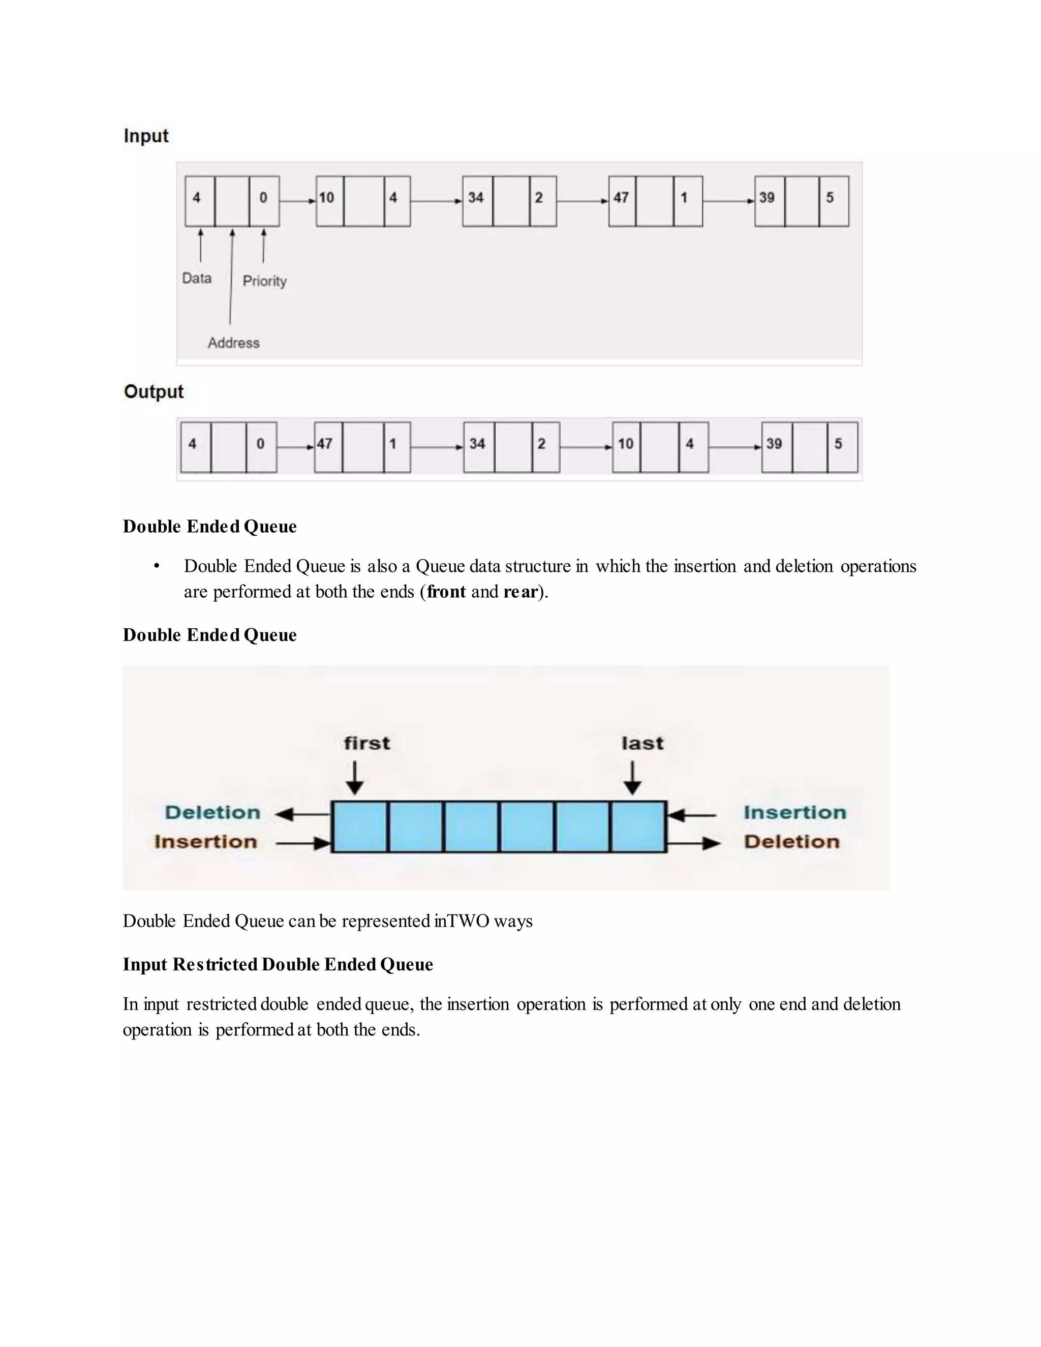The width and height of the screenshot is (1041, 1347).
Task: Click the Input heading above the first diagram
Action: coord(146,136)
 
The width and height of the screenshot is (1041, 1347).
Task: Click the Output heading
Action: coord(154,391)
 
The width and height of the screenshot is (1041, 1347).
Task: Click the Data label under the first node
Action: coord(197,278)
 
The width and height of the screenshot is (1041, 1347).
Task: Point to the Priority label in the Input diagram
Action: coord(264,281)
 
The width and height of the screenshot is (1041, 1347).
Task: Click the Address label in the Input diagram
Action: coord(233,343)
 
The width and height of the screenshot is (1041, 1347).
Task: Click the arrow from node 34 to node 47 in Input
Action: coord(581,201)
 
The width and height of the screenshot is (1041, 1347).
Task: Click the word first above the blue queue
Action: coord(367,743)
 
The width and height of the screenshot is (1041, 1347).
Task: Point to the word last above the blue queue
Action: coord(642,743)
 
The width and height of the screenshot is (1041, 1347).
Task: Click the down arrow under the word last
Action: coord(632,778)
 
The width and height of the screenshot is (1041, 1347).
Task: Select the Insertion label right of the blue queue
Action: coord(794,812)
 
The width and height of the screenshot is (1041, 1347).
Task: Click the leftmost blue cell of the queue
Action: coord(359,827)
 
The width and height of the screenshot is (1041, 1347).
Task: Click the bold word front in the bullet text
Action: coord(446,592)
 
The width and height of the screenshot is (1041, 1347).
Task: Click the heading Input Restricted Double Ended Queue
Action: coord(278,965)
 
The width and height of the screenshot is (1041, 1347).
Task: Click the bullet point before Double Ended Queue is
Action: coord(157,566)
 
